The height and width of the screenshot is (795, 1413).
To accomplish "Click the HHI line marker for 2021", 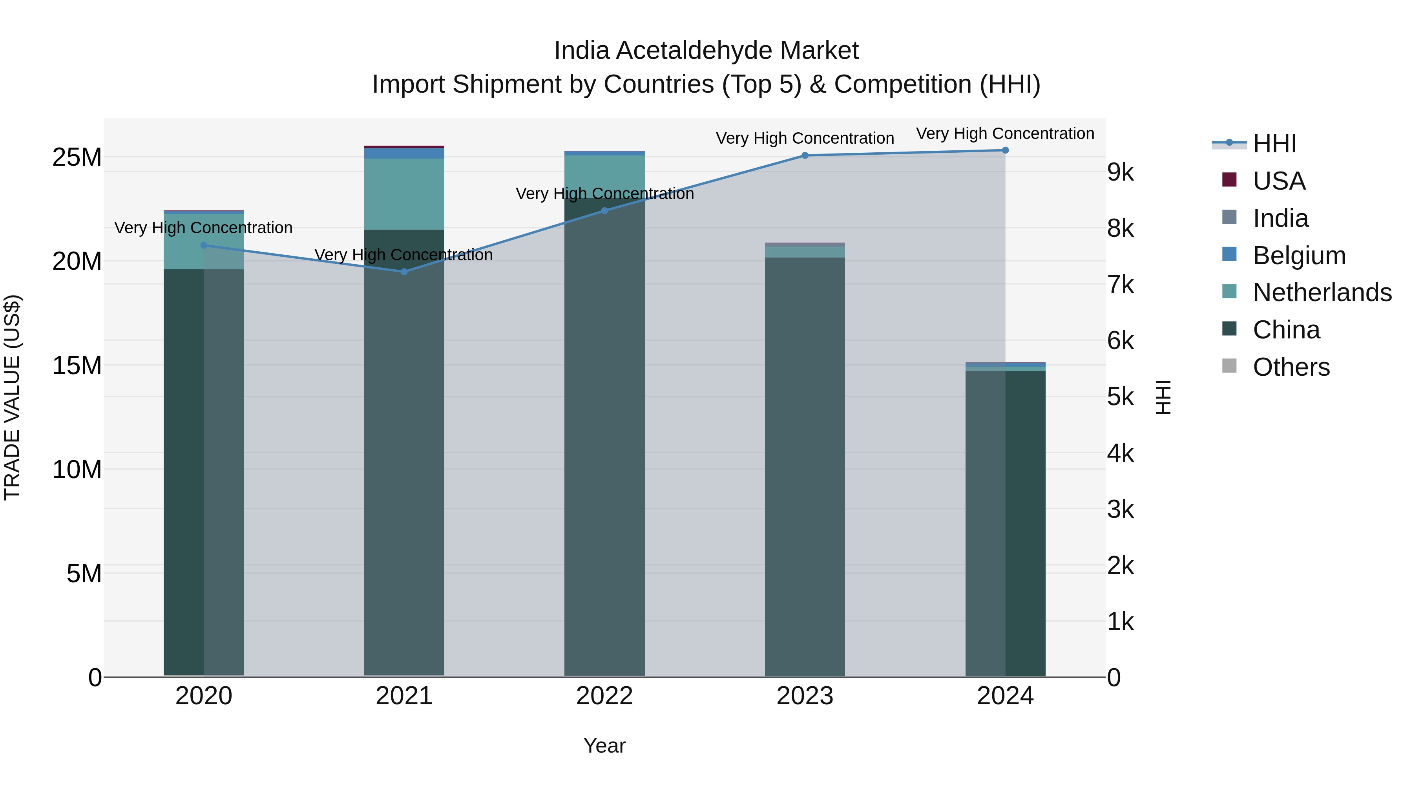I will point(404,272).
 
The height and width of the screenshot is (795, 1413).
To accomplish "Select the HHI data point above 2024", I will point(1005,150).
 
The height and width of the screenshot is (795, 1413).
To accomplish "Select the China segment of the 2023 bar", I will point(805,466).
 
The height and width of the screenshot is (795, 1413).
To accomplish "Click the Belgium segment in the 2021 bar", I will point(404,154).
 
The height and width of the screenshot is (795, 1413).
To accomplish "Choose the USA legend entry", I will point(1279,181).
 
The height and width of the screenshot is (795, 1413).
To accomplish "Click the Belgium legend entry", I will point(1299,256).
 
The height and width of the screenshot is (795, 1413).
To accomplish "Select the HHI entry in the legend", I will point(1274,144).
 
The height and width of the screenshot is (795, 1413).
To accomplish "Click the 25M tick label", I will point(77,157).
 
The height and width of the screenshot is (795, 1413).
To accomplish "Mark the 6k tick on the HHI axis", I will point(1121,341).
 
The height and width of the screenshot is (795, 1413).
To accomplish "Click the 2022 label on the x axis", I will point(604,696).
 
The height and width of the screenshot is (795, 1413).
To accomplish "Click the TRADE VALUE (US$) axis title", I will point(13,397).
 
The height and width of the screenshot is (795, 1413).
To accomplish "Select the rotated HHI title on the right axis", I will point(1163,397).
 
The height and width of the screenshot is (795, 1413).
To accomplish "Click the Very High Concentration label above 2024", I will point(1005,133).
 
